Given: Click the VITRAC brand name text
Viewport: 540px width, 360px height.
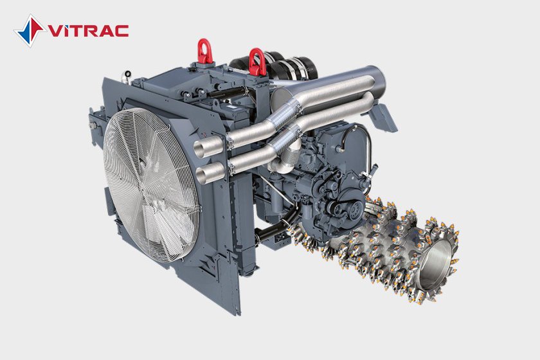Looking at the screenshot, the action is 88,31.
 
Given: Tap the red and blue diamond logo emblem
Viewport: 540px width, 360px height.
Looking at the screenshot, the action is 30,31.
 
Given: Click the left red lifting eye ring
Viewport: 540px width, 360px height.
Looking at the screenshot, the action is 205,51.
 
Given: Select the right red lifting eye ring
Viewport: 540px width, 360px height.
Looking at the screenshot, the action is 257,61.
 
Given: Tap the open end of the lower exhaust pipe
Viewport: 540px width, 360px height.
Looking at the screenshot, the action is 205,174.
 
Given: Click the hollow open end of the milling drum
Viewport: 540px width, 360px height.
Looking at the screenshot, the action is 436,264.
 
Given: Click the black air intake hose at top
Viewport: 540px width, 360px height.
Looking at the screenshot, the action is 276,64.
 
